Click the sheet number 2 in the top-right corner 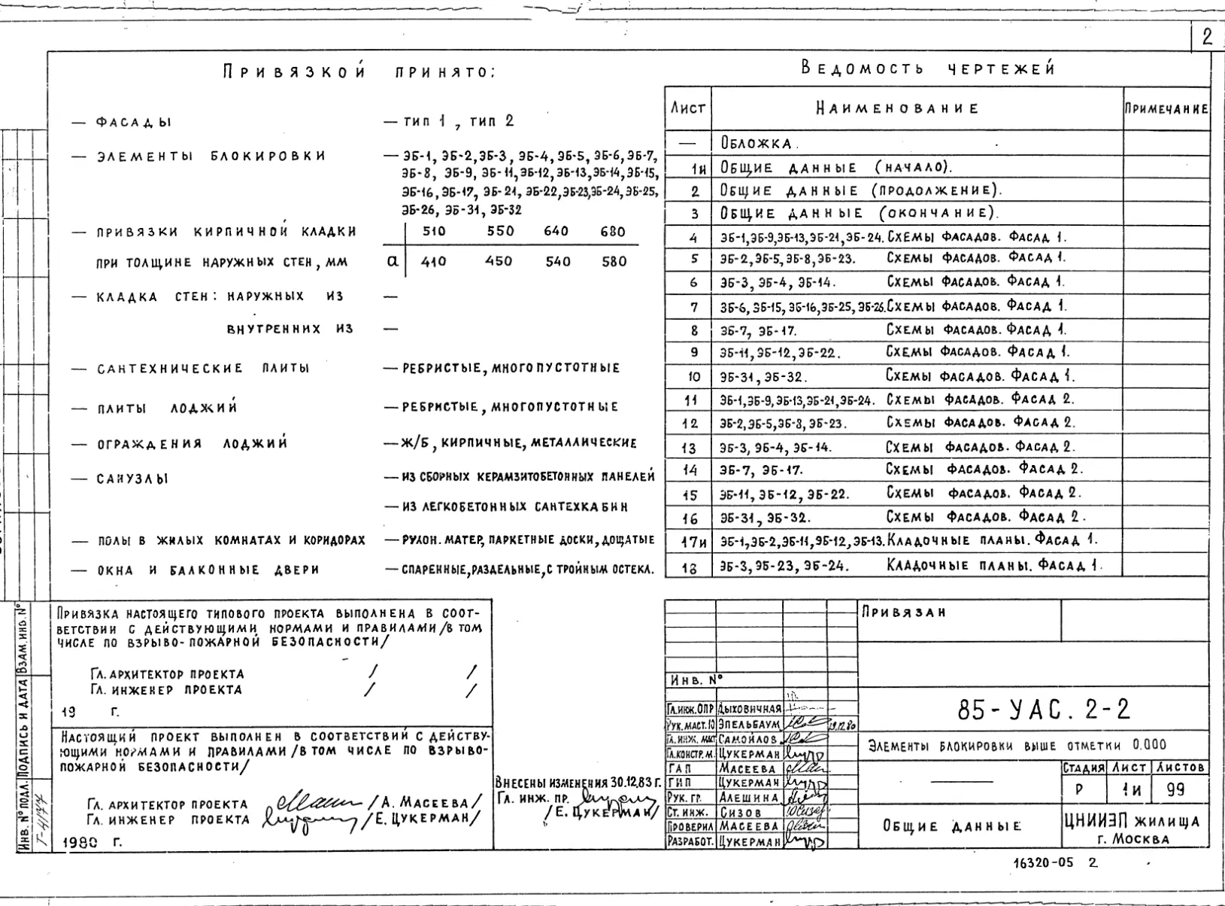(1208, 38)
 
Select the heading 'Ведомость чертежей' (928, 68)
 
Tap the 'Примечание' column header (1166, 109)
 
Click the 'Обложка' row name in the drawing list (757, 143)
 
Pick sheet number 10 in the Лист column (694, 377)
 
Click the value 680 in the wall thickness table (613, 232)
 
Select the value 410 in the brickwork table (434, 262)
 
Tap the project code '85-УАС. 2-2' (1045, 709)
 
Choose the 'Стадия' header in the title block (1083, 768)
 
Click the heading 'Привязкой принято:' (359, 73)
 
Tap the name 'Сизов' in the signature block (741, 813)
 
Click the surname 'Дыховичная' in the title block (749, 709)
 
